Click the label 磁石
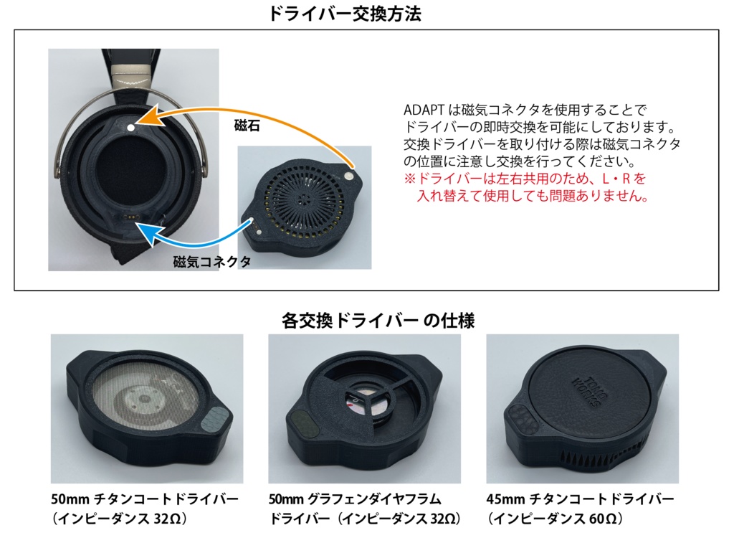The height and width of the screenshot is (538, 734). [x=247, y=126]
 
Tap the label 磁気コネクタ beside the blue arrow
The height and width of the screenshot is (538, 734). [x=212, y=262]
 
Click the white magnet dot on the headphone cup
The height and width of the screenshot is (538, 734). [x=130, y=127]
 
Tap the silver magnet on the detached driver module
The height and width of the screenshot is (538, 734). [x=348, y=172]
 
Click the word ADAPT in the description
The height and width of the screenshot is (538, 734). [x=424, y=110]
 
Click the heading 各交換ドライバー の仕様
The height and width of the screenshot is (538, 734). [x=378, y=320]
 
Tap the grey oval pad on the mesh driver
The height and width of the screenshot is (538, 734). [x=215, y=418]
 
